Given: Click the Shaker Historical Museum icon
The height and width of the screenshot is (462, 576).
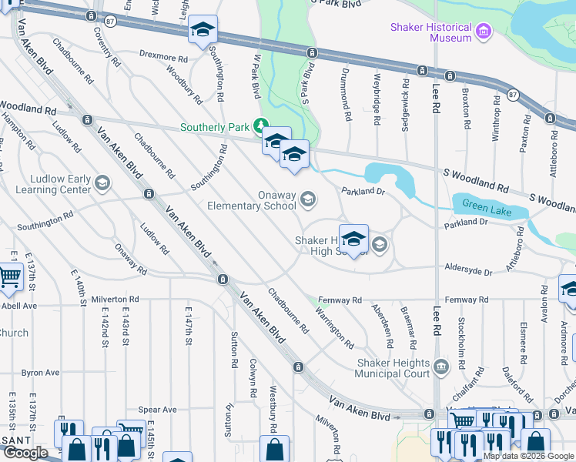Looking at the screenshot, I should pyautogui.click(x=484, y=32).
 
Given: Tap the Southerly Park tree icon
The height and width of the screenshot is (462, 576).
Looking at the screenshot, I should pyautogui.click(x=261, y=125).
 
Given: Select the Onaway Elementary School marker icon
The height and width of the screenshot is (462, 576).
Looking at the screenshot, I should pyautogui.click(x=307, y=200).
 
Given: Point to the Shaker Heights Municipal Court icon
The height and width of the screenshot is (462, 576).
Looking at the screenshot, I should pyautogui.click(x=440, y=366).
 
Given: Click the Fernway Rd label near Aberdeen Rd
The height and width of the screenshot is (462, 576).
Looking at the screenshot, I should pyautogui.click(x=347, y=300).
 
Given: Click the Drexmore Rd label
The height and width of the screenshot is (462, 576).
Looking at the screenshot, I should pyautogui.click(x=163, y=57).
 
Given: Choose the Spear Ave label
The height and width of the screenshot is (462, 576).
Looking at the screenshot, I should pyautogui.click(x=157, y=410).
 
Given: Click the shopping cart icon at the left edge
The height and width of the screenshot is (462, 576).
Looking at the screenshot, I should pyautogui.click(x=8, y=276).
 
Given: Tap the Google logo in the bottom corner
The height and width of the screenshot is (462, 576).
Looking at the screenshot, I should pyautogui.click(x=25, y=453).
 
